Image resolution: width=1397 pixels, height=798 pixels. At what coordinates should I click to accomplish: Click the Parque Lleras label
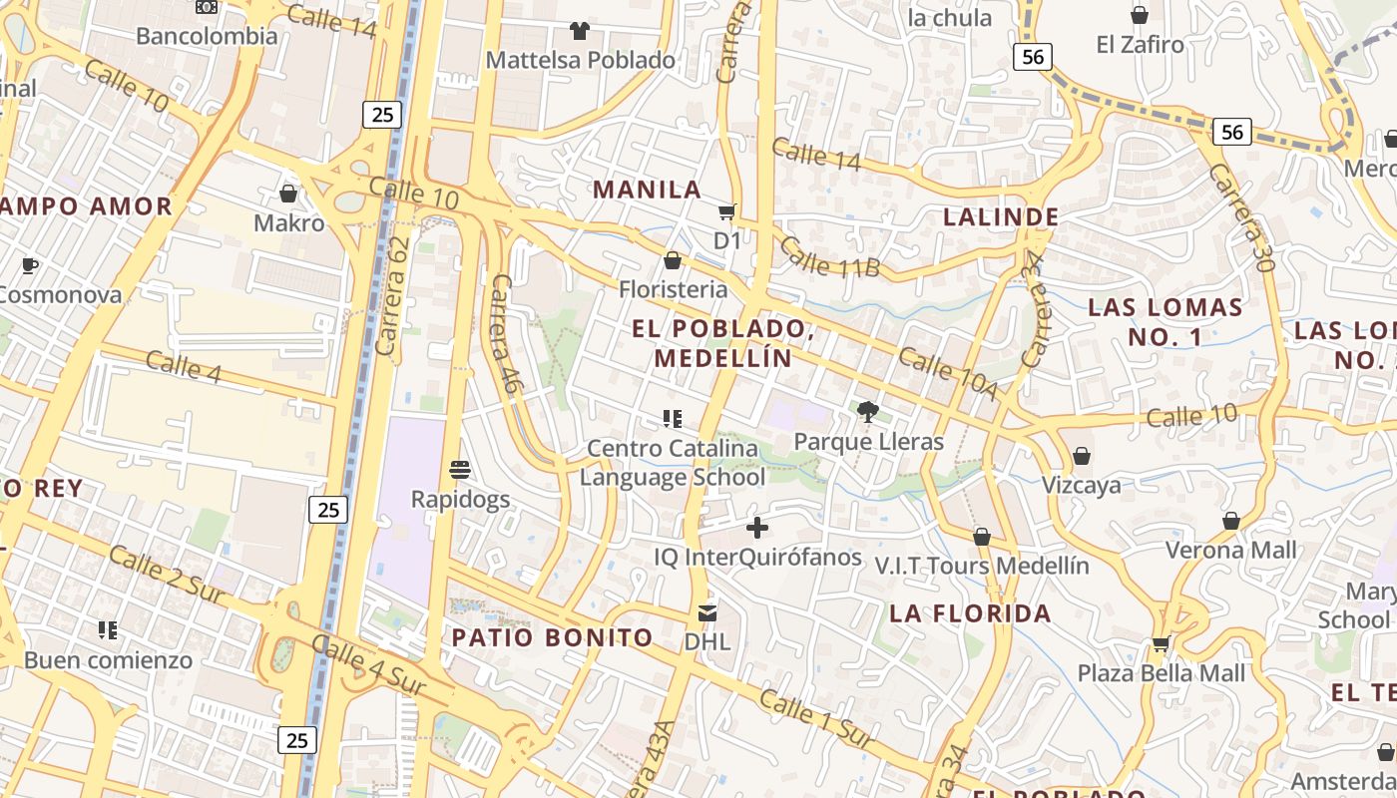868,441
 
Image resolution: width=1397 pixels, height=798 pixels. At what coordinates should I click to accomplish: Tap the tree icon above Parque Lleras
868,411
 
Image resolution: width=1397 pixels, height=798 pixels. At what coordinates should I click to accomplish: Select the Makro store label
288,222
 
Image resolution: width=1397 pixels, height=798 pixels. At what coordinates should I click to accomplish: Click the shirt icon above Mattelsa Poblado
579,31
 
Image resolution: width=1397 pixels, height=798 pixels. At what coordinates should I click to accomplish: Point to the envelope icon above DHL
707,612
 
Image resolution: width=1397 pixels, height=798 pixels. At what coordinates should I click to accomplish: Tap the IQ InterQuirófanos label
757,557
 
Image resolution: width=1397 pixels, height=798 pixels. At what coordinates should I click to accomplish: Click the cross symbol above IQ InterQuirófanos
757,527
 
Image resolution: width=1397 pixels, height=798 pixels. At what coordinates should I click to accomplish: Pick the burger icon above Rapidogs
460,469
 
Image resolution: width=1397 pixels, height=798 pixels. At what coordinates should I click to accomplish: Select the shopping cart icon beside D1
727,211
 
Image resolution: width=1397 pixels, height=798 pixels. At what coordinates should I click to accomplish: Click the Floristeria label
673,289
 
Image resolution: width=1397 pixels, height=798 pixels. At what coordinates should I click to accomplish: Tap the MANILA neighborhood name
648,190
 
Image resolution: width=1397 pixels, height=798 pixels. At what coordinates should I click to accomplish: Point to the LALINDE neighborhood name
1001,216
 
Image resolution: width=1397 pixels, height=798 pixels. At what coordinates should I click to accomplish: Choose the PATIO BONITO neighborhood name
552,637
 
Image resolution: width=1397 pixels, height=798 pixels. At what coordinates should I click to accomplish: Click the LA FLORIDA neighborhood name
970,613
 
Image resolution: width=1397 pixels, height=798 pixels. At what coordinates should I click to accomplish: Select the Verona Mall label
1231,550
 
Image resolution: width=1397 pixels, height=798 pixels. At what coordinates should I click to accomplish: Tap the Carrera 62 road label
394,284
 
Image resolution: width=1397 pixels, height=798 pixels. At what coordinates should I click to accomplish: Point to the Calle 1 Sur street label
816,718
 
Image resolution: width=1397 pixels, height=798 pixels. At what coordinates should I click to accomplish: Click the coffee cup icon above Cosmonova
30,265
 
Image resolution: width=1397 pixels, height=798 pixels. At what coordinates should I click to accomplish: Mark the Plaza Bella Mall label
1162,672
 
